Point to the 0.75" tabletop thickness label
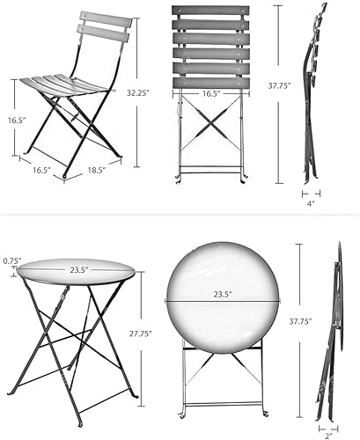(x=11, y=260)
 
